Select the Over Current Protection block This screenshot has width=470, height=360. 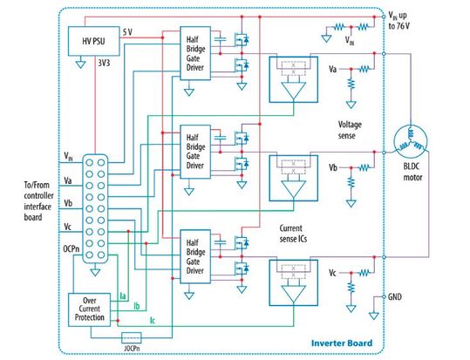click(89, 309)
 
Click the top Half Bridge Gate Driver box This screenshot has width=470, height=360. click(194, 54)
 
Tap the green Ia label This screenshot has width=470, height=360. click(124, 296)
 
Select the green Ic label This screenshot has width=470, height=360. click(153, 321)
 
